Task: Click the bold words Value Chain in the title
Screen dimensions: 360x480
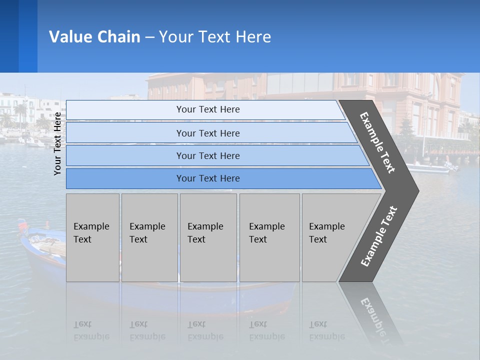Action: pos(94,37)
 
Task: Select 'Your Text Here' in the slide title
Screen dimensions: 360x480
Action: pos(215,37)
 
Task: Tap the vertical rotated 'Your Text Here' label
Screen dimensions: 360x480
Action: pos(57,144)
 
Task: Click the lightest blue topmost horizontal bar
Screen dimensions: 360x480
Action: pos(208,109)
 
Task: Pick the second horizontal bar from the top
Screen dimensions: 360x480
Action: pos(208,133)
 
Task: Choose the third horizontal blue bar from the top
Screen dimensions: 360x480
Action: pos(208,155)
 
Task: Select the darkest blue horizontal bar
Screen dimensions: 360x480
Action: pos(208,178)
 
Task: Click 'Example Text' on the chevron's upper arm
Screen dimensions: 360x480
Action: pos(377,142)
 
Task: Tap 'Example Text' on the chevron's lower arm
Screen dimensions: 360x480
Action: pos(379,236)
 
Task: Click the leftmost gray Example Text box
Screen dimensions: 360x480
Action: pos(92,237)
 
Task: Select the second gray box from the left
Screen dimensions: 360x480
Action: pos(149,237)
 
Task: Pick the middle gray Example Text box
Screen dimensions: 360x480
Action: pos(208,237)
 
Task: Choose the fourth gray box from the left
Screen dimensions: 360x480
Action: pos(269,237)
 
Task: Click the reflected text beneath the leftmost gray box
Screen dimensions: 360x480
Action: pos(91,330)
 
